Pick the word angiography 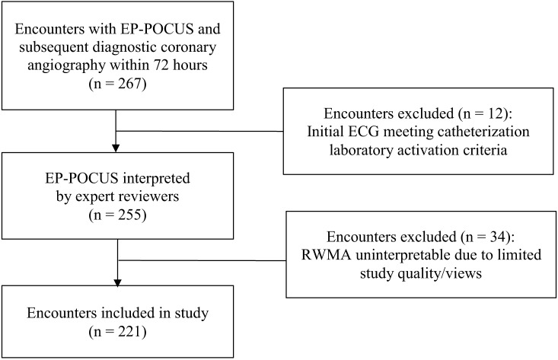tap(66, 66)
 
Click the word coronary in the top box tap(192, 48)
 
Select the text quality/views tap(439, 273)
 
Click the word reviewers tap(148, 196)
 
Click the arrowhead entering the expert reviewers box tap(116, 148)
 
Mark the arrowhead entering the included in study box tap(117, 282)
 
